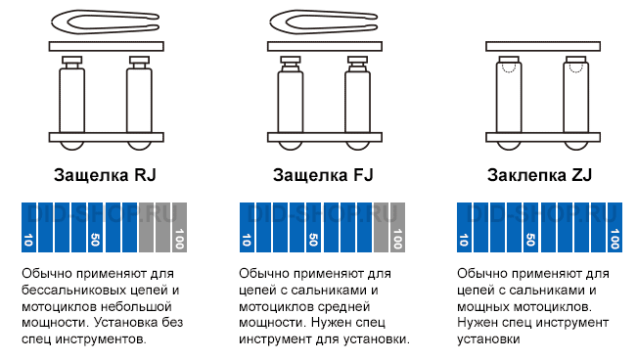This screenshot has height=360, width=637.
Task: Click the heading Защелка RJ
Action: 105,175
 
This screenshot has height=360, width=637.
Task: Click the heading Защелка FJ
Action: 323,175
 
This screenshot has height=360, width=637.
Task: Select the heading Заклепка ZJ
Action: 539,175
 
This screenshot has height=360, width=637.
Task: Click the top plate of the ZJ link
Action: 543,46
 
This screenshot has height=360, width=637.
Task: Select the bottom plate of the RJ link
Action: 106,137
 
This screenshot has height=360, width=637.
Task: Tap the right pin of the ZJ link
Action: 576,96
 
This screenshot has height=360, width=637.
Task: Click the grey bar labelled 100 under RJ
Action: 180,228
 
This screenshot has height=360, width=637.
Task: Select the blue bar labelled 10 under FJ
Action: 247,228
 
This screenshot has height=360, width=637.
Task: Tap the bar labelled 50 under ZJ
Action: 530,228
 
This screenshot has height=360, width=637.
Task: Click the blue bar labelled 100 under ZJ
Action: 615,228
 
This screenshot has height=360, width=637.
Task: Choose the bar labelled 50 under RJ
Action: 95,228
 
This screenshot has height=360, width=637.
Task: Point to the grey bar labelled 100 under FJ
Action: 397,228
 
